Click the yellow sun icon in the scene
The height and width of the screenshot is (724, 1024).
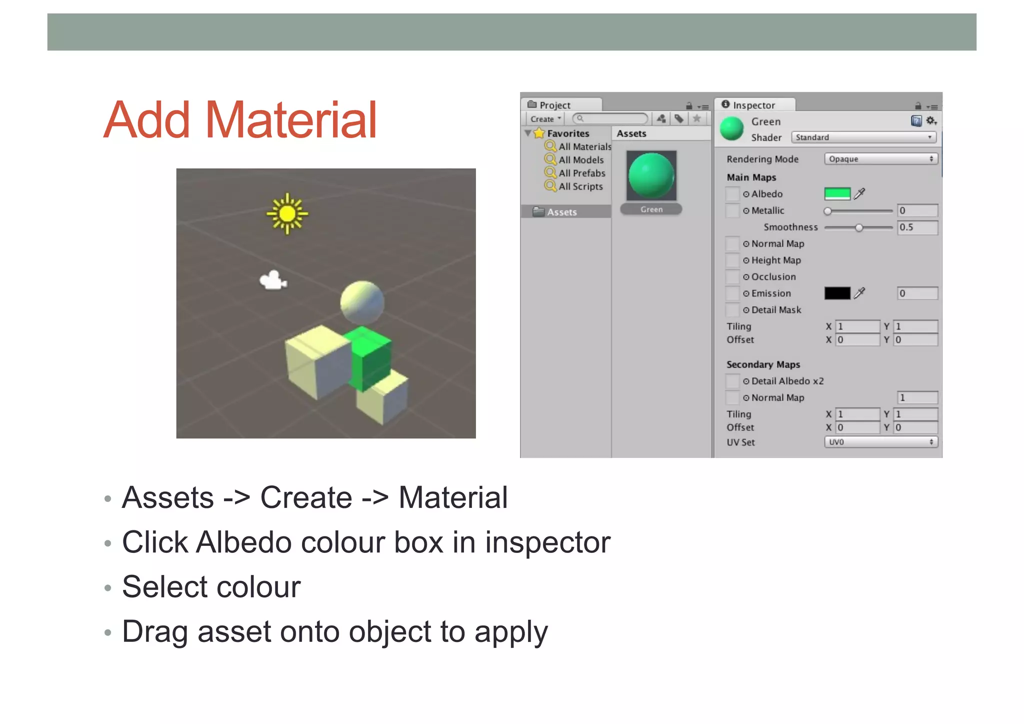pyautogui.click(x=287, y=214)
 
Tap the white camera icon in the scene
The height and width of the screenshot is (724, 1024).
pyautogui.click(x=273, y=280)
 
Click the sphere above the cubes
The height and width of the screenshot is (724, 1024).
pyautogui.click(x=362, y=302)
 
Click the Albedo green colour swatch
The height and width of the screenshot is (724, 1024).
pyautogui.click(x=837, y=194)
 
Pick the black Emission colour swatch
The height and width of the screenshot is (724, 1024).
pyautogui.click(x=837, y=293)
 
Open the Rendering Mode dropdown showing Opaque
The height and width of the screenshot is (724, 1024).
pyautogui.click(x=880, y=159)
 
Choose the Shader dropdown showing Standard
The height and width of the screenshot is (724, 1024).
pyautogui.click(x=863, y=138)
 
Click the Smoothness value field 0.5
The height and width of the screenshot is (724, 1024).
pyautogui.click(x=917, y=228)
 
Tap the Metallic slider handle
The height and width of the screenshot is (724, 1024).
pyautogui.click(x=828, y=211)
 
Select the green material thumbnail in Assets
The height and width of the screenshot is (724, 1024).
pyautogui.click(x=651, y=176)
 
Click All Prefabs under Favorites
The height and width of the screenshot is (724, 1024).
pyautogui.click(x=581, y=173)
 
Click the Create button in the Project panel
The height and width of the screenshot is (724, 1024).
pyautogui.click(x=544, y=119)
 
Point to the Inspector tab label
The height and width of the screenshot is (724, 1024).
pyautogui.click(x=753, y=105)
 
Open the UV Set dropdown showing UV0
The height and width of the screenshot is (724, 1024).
pyautogui.click(x=880, y=442)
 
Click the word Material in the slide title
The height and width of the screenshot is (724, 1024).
pyautogui.click(x=290, y=120)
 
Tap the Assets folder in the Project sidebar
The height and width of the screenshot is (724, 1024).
pyautogui.click(x=561, y=212)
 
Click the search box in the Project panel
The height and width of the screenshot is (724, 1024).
pyautogui.click(x=610, y=119)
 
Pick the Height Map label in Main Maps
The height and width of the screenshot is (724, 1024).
pyautogui.click(x=776, y=260)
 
